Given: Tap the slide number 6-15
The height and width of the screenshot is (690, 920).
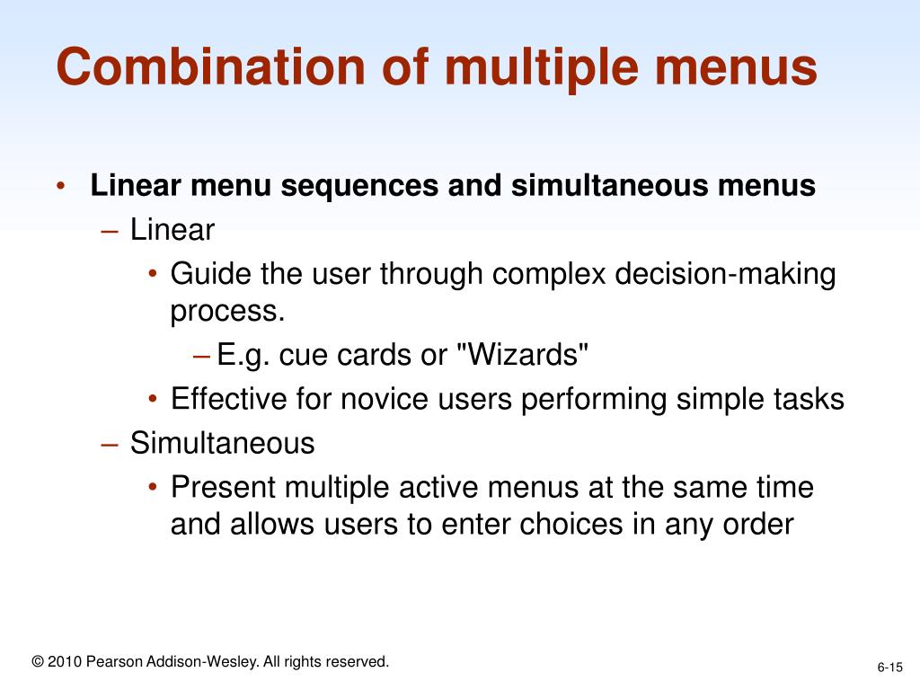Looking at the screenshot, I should pyautogui.click(x=889, y=667).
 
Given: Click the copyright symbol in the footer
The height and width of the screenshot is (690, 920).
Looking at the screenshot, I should pyautogui.click(x=37, y=662).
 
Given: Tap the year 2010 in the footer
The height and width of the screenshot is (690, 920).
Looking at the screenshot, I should pyautogui.click(x=65, y=662).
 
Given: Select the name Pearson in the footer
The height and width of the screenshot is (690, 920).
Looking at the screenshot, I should pyautogui.click(x=112, y=662).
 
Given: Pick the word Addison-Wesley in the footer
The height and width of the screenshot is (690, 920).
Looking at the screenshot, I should pyautogui.click(x=203, y=662).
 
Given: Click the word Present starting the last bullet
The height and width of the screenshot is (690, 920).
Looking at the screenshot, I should pyautogui.click(x=224, y=488).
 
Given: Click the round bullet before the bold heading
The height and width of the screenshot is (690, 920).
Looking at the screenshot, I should pyautogui.click(x=60, y=187).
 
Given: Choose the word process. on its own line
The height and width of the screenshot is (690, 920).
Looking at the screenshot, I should pyautogui.click(x=227, y=312).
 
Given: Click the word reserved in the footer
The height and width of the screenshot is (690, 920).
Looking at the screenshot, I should pyautogui.click(x=356, y=662).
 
